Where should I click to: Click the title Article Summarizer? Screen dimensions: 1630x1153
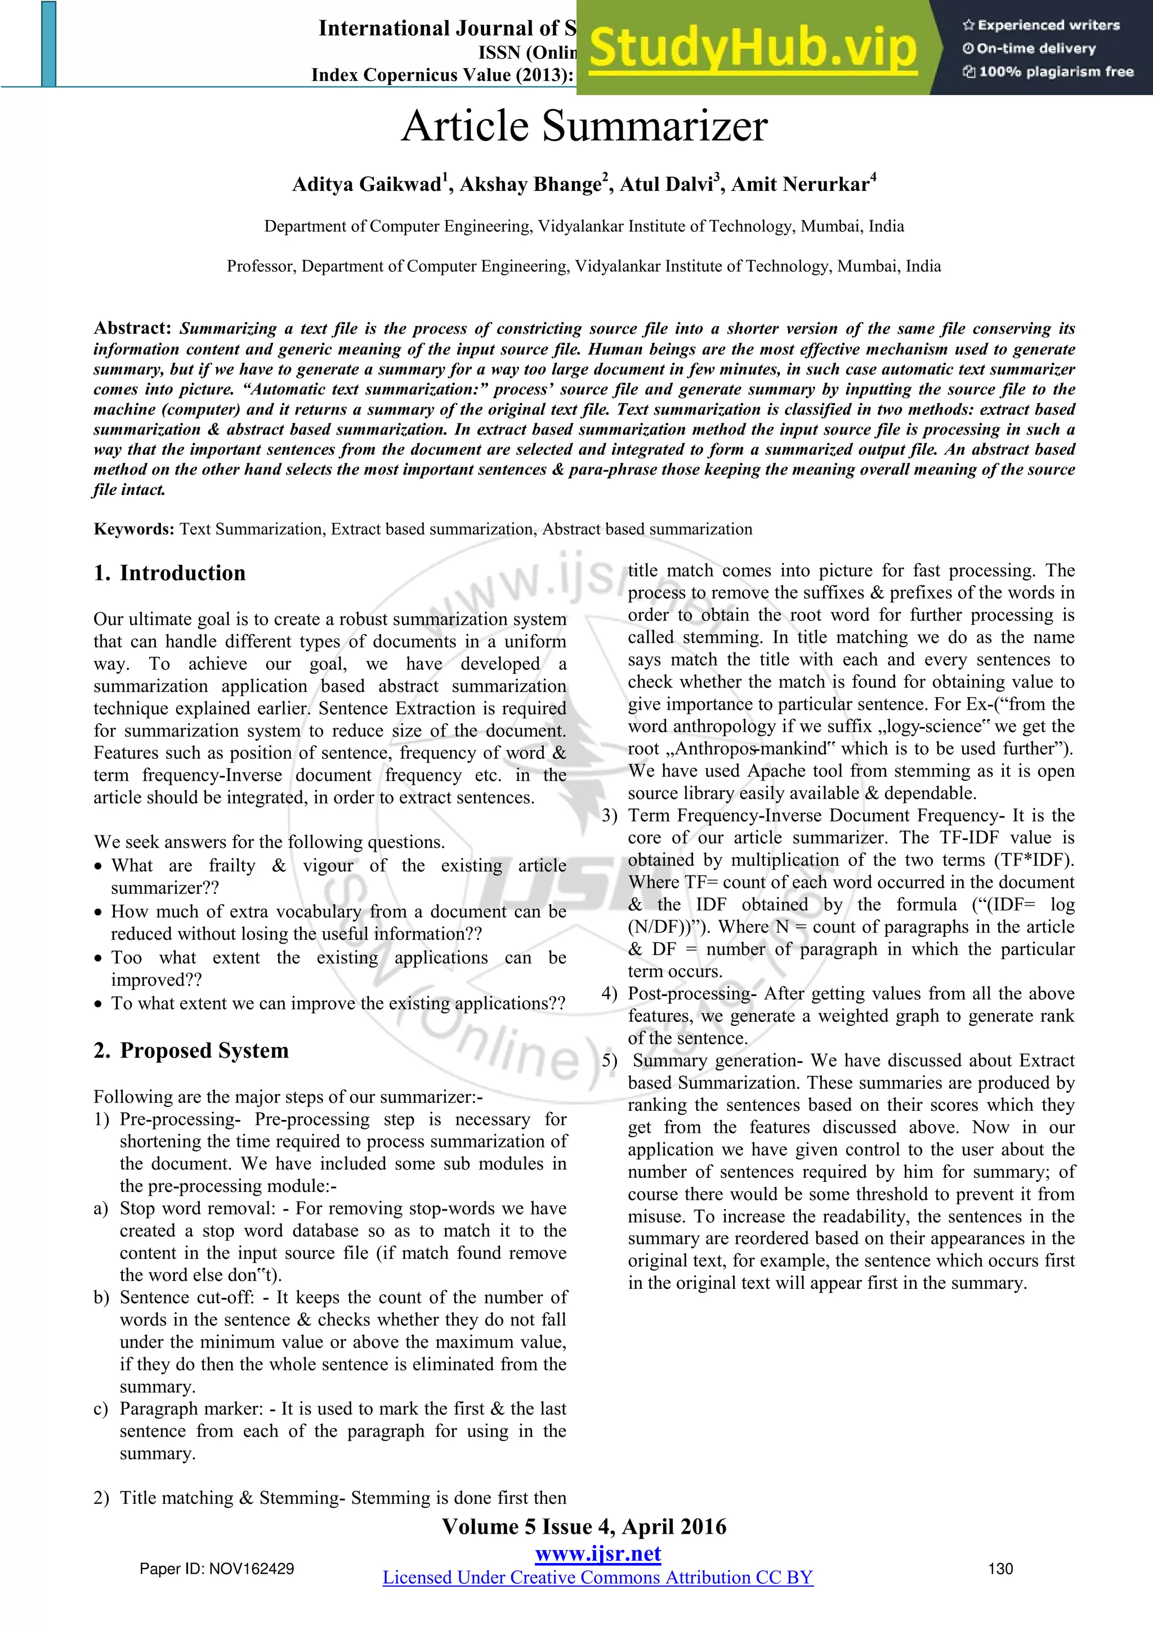584,126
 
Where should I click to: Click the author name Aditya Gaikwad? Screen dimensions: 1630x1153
367,185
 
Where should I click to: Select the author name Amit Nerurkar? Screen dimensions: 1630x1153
800,185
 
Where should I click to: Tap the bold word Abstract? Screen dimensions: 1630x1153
132,328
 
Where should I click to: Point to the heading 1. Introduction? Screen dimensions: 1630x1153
169,573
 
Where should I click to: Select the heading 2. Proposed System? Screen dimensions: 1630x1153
191,1050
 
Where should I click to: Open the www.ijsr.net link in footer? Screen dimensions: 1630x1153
598,1553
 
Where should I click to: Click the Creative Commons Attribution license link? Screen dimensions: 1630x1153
598,1578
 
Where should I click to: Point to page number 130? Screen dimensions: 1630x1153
1000,1569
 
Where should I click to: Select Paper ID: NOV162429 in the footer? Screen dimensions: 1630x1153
217,1569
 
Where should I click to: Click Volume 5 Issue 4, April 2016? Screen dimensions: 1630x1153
584,1527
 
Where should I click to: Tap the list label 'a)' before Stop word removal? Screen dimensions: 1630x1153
101,1208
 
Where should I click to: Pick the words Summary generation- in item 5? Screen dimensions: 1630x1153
717,1060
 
